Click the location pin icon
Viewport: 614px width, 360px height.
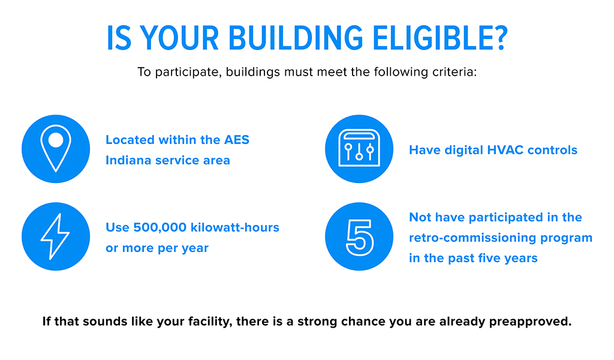point(56,149)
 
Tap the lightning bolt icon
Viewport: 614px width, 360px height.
point(55,236)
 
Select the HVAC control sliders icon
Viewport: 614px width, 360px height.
point(359,148)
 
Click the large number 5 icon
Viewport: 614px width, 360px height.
point(360,238)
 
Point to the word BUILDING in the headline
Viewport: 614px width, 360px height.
point(296,38)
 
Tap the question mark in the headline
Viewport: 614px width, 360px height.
point(498,38)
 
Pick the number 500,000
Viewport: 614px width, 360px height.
point(159,227)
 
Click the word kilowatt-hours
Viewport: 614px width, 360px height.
point(235,227)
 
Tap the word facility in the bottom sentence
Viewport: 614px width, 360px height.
point(209,322)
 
